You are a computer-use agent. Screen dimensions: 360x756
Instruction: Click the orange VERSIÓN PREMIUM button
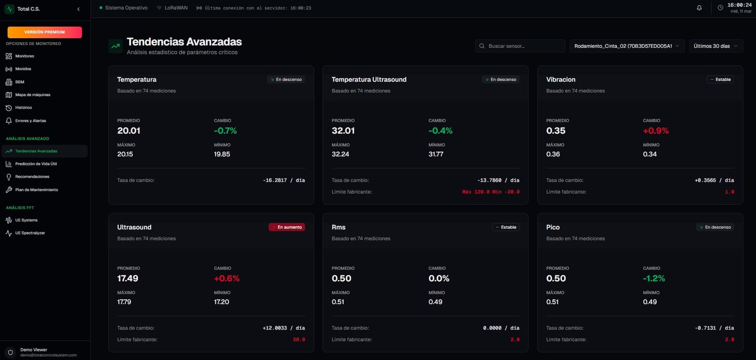click(x=45, y=32)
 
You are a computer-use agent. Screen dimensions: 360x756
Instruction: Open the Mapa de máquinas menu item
click(x=33, y=95)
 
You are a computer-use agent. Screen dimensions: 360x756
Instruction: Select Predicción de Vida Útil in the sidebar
click(x=36, y=164)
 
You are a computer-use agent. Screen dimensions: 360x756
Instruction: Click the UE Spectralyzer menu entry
click(x=30, y=233)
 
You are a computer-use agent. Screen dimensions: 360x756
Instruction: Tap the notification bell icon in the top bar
click(x=699, y=8)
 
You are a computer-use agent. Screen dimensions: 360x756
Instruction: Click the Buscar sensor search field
click(x=520, y=46)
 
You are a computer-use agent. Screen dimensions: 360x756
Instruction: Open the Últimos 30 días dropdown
click(x=716, y=46)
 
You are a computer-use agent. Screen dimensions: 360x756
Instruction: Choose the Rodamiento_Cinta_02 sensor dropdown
click(x=627, y=46)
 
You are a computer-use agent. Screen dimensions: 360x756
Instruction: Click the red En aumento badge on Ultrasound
click(x=287, y=227)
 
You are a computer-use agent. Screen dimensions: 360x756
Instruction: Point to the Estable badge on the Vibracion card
click(x=720, y=80)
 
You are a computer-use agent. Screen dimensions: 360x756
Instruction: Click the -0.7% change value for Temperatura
click(x=225, y=131)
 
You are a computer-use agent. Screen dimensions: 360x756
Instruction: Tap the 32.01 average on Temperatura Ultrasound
click(x=343, y=131)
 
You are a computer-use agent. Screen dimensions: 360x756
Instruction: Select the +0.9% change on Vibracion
click(x=655, y=131)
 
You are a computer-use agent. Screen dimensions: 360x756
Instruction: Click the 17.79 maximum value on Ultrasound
click(x=124, y=302)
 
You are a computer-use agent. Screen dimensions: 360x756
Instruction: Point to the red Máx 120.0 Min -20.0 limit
click(x=490, y=192)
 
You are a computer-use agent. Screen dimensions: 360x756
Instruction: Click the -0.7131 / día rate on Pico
click(x=714, y=328)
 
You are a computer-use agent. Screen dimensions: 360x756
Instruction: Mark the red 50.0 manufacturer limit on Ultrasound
click(x=299, y=340)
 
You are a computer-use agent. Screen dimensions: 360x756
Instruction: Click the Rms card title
click(x=339, y=227)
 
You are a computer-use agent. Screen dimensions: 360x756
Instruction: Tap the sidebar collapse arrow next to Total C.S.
click(x=78, y=9)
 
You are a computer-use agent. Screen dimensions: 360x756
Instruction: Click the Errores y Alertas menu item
click(x=30, y=121)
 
